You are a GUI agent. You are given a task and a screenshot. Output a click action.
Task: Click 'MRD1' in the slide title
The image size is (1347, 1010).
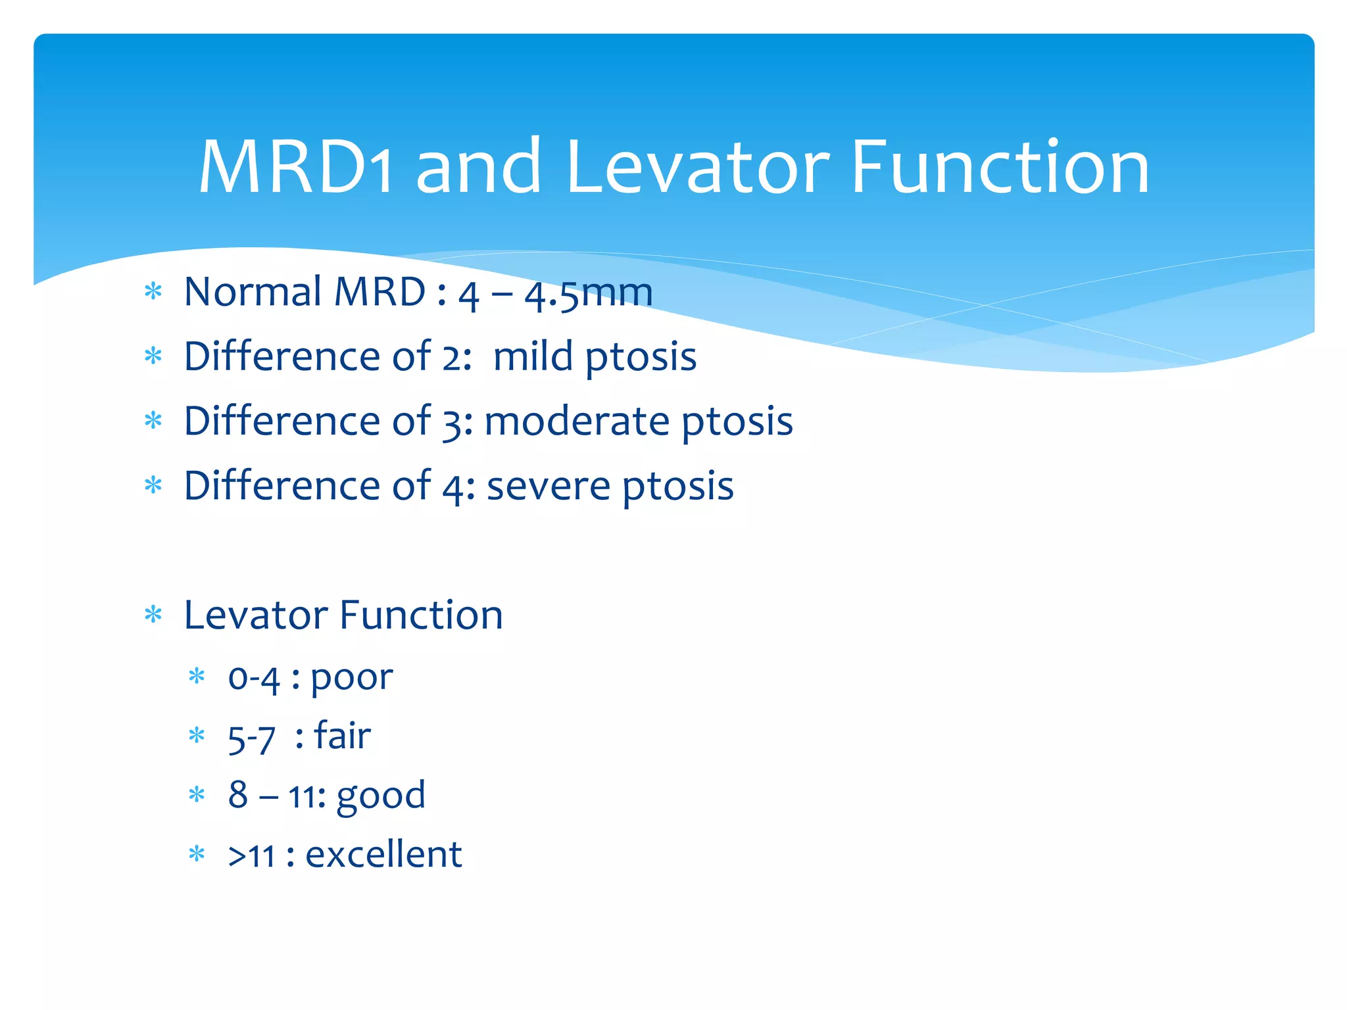(296, 168)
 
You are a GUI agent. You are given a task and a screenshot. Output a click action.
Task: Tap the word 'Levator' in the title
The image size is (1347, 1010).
(697, 168)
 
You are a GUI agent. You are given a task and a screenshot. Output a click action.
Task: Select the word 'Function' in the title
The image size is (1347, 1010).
(1000, 168)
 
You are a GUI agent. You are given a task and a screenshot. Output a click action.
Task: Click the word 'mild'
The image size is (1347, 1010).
(533, 356)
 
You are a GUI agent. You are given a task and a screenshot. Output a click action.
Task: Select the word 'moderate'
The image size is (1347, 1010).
(577, 421)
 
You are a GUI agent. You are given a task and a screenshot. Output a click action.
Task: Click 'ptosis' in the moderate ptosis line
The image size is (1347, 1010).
(737, 422)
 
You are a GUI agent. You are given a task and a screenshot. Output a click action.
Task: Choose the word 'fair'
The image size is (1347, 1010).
(342, 735)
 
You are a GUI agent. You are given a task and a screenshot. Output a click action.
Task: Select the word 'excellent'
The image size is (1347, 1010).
(383, 855)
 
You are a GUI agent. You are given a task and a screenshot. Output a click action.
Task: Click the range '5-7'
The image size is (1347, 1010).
(251, 738)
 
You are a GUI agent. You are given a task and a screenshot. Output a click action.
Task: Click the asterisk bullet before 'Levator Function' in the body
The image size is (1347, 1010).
(153, 615)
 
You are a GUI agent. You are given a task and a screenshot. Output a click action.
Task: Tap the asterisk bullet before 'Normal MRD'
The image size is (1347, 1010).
(153, 291)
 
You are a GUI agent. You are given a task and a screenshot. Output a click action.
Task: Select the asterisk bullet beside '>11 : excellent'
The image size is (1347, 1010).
(197, 854)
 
